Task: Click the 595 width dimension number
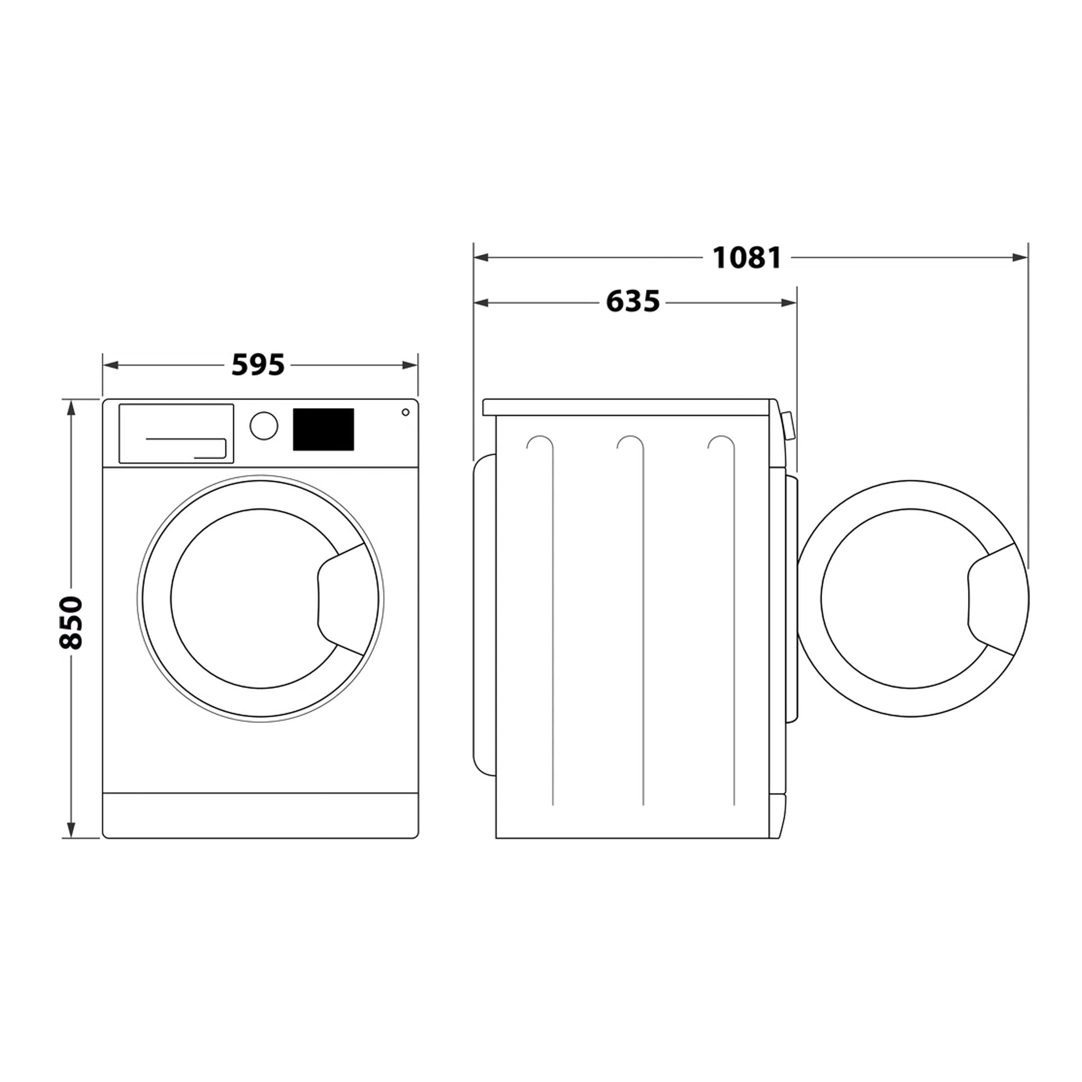pos(258,365)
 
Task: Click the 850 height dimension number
pos(72,622)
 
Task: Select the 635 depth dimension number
pos(632,301)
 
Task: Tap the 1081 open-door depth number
pos(747,258)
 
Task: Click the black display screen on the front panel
pos(323,429)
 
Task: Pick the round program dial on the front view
pos(264,425)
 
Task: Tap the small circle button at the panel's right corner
pos(405,413)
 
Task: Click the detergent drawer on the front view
pos(176,433)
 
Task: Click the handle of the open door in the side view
pos(992,600)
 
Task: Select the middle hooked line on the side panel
pos(642,620)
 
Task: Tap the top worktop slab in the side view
pos(626,407)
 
